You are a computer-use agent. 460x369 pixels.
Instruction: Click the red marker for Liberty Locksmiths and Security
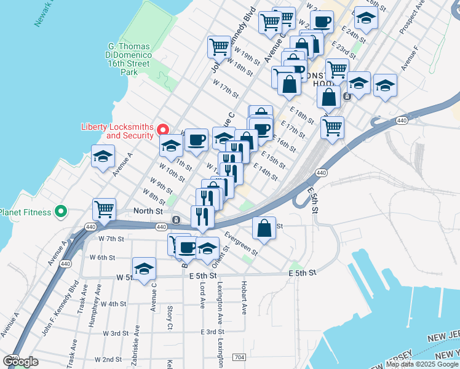pyautogui.click(x=163, y=129)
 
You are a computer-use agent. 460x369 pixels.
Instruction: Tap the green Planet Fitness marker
pyautogui.click(x=60, y=212)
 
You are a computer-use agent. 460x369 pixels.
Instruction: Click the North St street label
pyautogui.click(x=148, y=211)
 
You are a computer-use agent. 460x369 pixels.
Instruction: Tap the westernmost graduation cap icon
pyautogui.click(x=103, y=157)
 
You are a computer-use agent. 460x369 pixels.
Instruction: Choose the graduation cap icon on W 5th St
pyautogui.click(x=144, y=269)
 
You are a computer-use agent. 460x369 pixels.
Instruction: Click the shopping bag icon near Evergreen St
pyautogui.click(x=264, y=228)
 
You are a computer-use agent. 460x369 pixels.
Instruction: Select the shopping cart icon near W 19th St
pyautogui.click(x=220, y=47)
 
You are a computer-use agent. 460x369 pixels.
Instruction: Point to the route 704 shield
pyautogui.click(x=239, y=357)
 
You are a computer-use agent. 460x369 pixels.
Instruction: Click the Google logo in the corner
pyautogui.click(x=21, y=362)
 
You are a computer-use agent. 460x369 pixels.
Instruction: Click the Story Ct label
pyautogui.click(x=170, y=317)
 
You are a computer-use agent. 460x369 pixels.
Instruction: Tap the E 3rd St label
pyautogui.click(x=212, y=331)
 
